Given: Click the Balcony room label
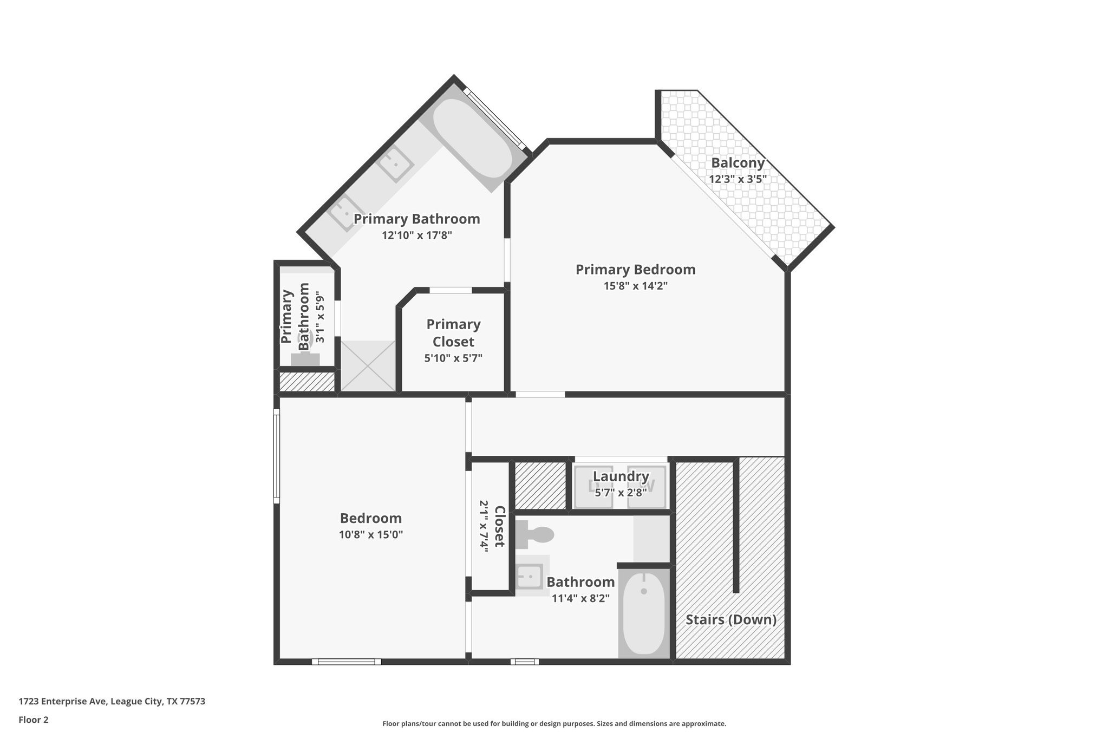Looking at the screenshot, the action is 738,162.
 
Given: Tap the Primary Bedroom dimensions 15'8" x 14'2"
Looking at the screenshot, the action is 635,286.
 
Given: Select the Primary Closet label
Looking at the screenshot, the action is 453,333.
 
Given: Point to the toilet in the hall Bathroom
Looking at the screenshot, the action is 534,535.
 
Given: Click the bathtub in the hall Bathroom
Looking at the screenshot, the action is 644,612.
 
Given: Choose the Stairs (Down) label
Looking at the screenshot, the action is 731,619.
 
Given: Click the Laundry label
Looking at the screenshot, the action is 621,476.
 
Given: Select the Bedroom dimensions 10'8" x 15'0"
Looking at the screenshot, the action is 371,535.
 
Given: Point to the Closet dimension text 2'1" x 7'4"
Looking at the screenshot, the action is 484,526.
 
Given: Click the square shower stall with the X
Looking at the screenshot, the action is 368,366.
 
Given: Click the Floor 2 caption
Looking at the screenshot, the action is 34,720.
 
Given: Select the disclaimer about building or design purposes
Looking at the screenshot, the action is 554,723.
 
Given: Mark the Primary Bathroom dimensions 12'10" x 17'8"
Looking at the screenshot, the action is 416,236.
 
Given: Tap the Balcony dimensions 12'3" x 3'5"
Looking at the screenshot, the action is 738,179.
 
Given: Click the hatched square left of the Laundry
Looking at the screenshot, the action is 540,485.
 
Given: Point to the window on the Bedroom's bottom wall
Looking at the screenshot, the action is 346,662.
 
